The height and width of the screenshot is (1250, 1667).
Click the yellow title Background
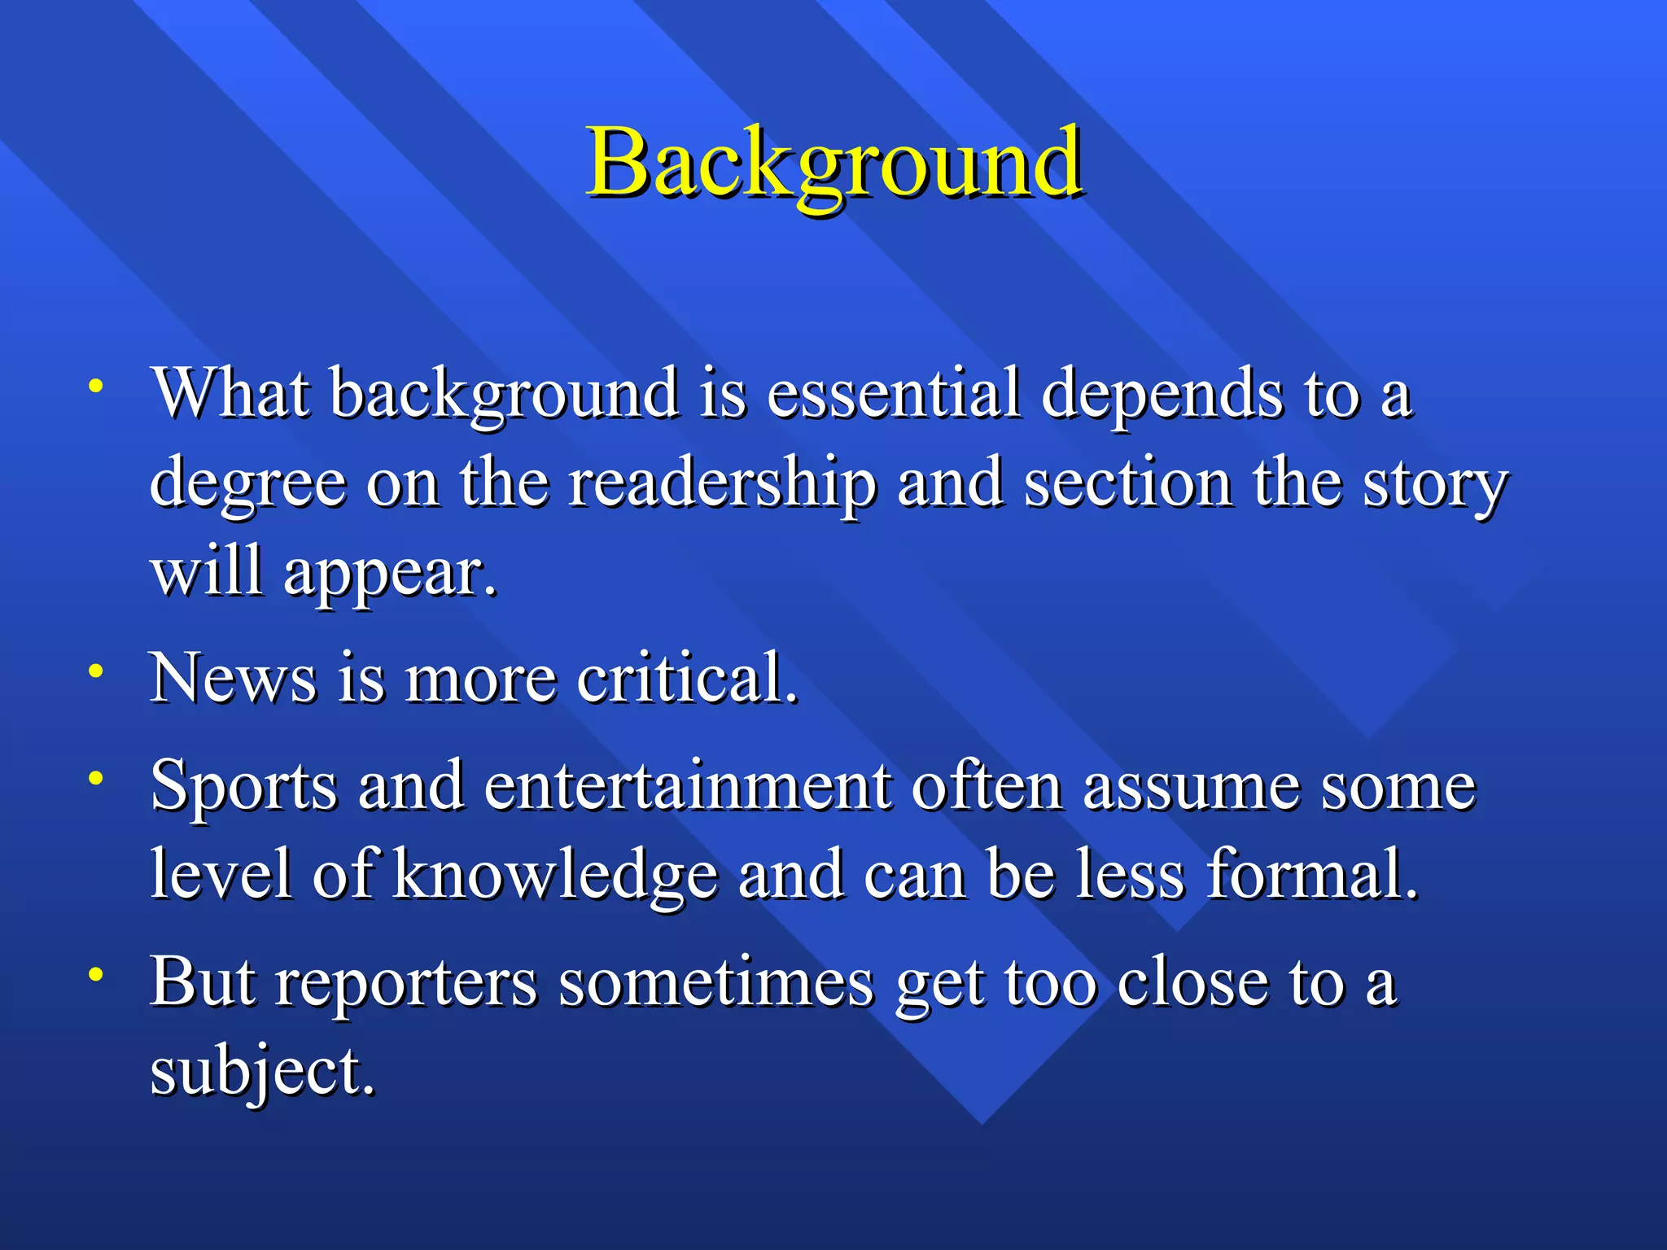tap(833, 163)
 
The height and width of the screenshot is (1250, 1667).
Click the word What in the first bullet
tap(231, 394)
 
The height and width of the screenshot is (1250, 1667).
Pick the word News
tap(233, 678)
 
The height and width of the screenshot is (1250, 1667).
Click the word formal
tap(1311, 875)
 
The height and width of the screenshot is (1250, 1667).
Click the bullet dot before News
tap(96, 671)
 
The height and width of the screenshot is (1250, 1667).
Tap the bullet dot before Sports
tap(96, 778)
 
